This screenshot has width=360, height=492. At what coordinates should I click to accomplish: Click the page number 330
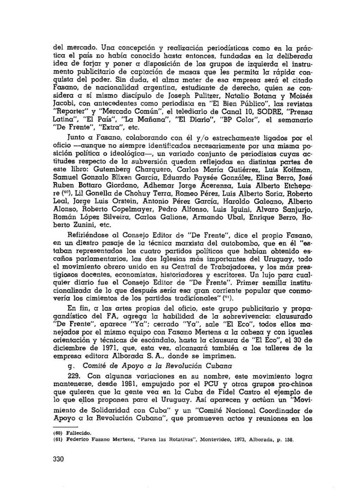tap(58, 459)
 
